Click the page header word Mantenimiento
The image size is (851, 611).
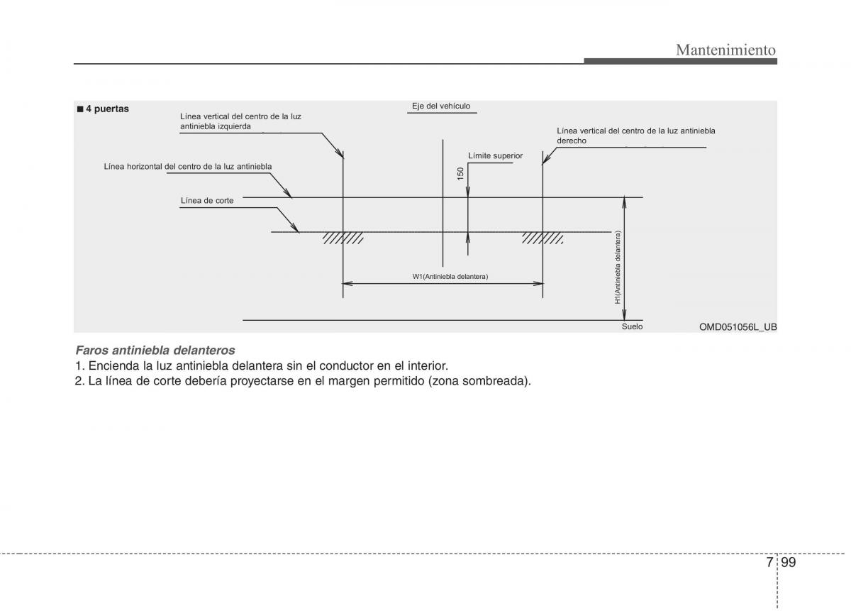(725, 50)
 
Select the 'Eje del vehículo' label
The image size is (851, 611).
(441, 106)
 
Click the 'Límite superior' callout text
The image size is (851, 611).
(495, 155)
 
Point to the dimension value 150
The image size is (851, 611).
(460, 174)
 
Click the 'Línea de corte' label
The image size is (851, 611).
(207, 200)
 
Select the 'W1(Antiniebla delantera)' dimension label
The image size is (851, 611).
(450, 276)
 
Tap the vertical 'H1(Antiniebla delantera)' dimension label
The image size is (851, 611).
(618, 268)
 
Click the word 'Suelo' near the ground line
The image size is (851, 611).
(632, 326)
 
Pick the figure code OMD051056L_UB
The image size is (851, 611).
(738, 326)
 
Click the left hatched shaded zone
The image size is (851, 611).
(343, 238)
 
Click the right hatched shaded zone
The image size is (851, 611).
(543, 238)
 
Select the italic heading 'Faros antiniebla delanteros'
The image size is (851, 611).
(155, 350)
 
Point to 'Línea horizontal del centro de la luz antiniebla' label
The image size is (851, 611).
(188, 166)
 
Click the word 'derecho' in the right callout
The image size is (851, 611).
(572, 141)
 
